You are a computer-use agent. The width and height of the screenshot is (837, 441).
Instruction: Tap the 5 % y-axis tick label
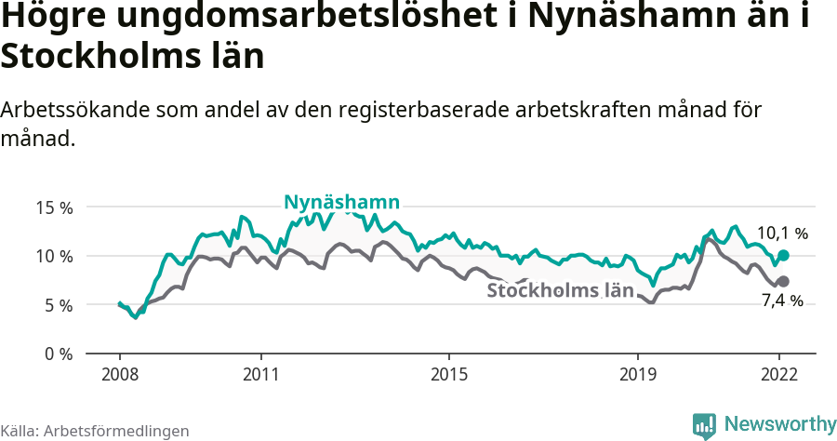(x=59, y=305)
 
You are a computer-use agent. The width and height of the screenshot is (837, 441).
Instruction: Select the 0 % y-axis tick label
(x=59, y=354)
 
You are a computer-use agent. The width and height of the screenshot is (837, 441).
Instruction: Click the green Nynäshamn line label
(x=342, y=202)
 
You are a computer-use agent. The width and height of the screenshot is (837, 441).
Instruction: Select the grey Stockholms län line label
(x=560, y=290)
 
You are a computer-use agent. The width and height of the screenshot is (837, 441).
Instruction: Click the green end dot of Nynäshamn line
(x=783, y=255)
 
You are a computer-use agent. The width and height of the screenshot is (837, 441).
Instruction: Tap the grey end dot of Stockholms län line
(x=783, y=281)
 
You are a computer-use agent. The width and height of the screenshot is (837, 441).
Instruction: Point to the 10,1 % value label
(x=782, y=234)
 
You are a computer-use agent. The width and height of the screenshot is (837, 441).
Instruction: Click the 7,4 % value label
(x=782, y=301)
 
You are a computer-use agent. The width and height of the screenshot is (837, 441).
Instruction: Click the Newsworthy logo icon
(x=704, y=426)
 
